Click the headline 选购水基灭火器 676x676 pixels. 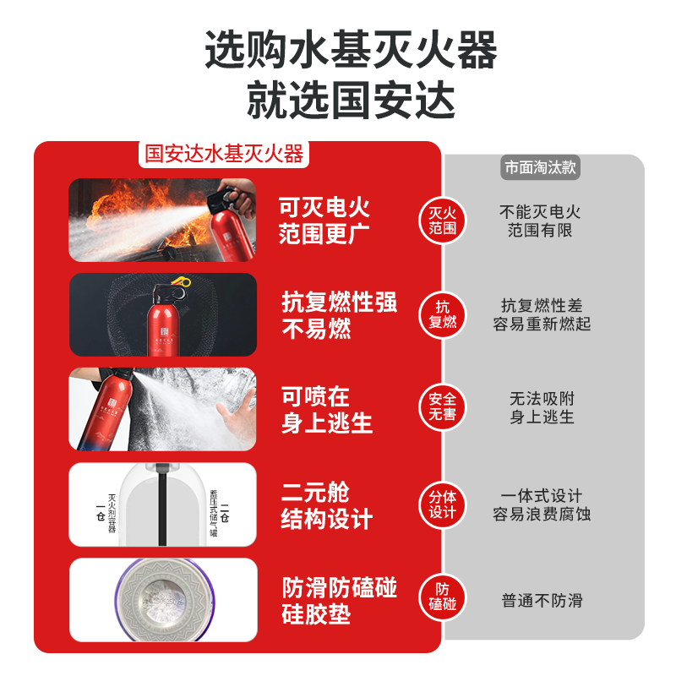point(351,50)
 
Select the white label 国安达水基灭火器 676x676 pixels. point(224,155)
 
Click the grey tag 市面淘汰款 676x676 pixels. point(540,167)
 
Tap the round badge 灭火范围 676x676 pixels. point(443,221)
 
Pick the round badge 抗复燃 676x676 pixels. point(443,314)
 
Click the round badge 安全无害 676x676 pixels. point(443,408)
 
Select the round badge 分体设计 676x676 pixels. point(443,504)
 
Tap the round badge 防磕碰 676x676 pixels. point(443,597)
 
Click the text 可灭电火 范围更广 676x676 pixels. point(325,221)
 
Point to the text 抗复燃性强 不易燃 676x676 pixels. point(339,315)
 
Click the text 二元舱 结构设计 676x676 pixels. point(326,505)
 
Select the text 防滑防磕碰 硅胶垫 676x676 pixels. point(339,600)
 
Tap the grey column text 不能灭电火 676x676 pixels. point(540,211)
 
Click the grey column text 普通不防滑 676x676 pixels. point(542,601)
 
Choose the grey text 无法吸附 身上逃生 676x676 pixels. point(542,407)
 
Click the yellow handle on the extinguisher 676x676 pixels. point(179,281)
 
